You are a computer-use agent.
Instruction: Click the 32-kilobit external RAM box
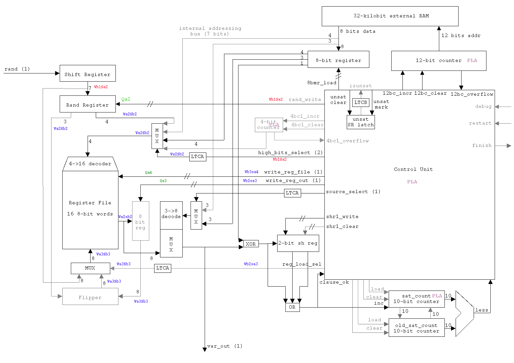click(x=390, y=16)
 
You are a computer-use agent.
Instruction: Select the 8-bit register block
click(x=338, y=59)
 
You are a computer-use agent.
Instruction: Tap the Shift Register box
click(x=88, y=73)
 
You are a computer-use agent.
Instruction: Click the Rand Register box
click(x=88, y=104)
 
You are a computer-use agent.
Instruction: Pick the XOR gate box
click(x=251, y=244)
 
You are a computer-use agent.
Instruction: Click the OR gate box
click(x=292, y=307)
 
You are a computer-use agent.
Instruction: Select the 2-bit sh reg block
click(x=298, y=243)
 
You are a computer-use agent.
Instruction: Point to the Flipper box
click(x=90, y=296)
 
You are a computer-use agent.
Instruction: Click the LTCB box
click(x=361, y=103)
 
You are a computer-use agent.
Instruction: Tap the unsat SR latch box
click(x=361, y=122)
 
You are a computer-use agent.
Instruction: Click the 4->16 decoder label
click(x=90, y=164)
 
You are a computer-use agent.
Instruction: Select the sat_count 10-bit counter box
click(x=417, y=299)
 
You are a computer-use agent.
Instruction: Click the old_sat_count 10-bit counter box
click(x=417, y=328)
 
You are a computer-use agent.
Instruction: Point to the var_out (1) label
click(x=225, y=346)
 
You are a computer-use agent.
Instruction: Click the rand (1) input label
click(x=17, y=69)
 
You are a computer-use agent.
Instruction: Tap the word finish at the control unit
click(x=482, y=145)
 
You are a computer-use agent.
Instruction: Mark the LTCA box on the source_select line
click(x=292, y=193)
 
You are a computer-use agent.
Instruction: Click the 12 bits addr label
click(x=461, y=35)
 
